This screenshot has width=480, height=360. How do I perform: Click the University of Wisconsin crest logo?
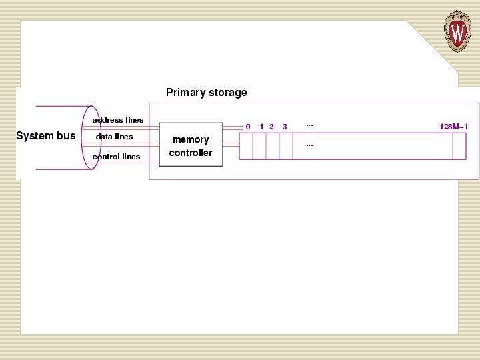[x=457, y=31]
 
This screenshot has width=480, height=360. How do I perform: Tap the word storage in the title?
[x=227, y=93]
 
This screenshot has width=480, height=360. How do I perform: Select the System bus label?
[x=46, y=136]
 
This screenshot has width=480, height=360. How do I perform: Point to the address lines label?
[x=118, y=120]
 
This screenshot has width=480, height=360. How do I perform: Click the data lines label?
[x=115, y=137]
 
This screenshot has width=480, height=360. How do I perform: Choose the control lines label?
[x=117, y=157]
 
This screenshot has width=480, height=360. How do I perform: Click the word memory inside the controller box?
[x=191, y=139]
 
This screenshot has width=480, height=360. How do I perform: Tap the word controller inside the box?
[x=191, y=153]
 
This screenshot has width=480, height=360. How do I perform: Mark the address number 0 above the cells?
[x=248, y=127]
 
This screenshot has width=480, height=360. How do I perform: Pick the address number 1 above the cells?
[x=261, y=127]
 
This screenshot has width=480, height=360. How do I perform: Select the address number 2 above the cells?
[x=271, y=127]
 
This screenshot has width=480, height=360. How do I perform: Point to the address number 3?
[x=285, y=127]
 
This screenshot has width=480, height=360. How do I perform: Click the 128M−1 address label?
[x=454, y=127]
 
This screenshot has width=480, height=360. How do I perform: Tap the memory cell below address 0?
[x=246, y=146]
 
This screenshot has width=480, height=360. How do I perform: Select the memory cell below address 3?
[x=286, y=146]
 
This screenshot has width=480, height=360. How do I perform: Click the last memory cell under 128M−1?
[x=459, y=146]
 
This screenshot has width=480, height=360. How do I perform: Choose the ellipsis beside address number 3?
[x=309, y=125]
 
